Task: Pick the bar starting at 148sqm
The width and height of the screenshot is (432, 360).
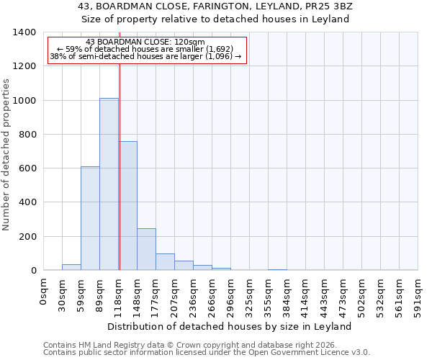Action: click(146, 249)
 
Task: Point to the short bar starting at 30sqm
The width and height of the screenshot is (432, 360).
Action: click(71, 267)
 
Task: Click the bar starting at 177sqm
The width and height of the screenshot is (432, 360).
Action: click(165, 262)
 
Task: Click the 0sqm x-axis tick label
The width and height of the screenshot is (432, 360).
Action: click(43, 291)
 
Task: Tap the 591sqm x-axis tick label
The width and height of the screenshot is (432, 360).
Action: click(418, 295)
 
